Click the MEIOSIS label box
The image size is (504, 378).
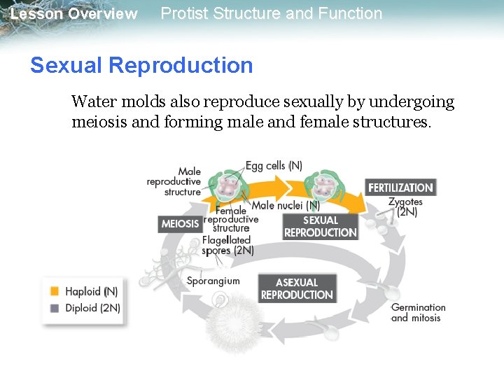180,224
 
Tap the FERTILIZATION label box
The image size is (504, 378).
400,188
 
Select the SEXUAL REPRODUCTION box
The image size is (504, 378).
320,226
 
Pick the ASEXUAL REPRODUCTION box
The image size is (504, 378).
297,288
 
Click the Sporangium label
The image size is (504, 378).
213,281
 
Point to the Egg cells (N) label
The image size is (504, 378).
274,166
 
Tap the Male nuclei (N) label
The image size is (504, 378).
286,206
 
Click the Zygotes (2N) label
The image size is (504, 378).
405,206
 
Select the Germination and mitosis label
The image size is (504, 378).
418,312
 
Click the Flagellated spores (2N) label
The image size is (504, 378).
227,245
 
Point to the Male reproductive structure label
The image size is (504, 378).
174,181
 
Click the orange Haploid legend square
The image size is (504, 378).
55,290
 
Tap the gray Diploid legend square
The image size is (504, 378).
55,307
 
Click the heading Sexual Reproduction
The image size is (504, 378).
141,65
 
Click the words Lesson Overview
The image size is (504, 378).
74,14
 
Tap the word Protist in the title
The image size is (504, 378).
185,13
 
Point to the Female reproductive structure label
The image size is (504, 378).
231,219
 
